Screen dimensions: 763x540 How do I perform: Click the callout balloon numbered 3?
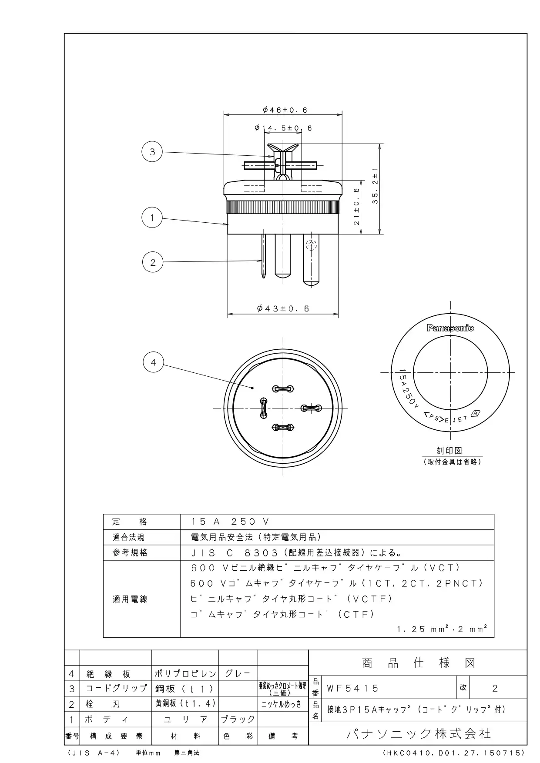pos(152,152)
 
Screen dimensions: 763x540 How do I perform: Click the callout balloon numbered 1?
pos(152,218)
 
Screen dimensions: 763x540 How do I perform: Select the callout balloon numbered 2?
pos(153,262)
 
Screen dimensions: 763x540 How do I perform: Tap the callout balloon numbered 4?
pos(153,362)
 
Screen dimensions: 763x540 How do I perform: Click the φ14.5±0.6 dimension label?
pos(283,128)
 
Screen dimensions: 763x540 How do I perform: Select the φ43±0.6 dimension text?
pos(283,308)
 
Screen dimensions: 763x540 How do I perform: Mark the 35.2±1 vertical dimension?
pos(375,186)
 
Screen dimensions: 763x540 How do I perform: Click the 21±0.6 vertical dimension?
pos(356,206)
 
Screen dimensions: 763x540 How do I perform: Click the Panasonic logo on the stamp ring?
pos(450,328)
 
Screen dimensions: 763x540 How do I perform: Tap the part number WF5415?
pos(353,688)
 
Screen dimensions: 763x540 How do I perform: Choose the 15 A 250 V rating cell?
pos(231,522)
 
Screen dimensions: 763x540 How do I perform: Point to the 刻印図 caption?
pos(449,451)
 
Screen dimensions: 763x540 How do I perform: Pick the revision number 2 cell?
pos(495,688)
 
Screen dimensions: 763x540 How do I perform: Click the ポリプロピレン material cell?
pos(185,674)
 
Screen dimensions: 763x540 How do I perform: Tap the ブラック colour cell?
pos(238,719)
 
